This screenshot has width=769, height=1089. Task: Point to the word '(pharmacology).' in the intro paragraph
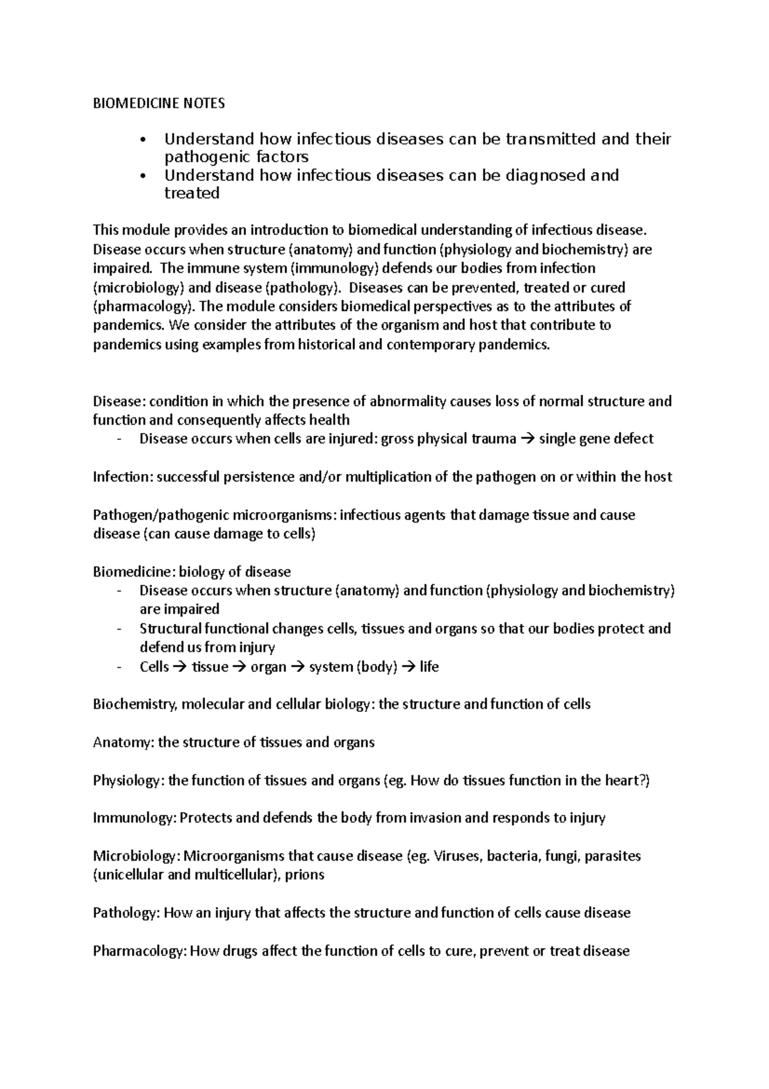coord(142,306)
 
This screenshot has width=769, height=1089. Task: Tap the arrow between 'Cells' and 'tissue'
coord(180,667)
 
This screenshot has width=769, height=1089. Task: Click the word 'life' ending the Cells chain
coord(429,667)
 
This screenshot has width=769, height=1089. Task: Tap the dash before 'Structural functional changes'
coord(120,629)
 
